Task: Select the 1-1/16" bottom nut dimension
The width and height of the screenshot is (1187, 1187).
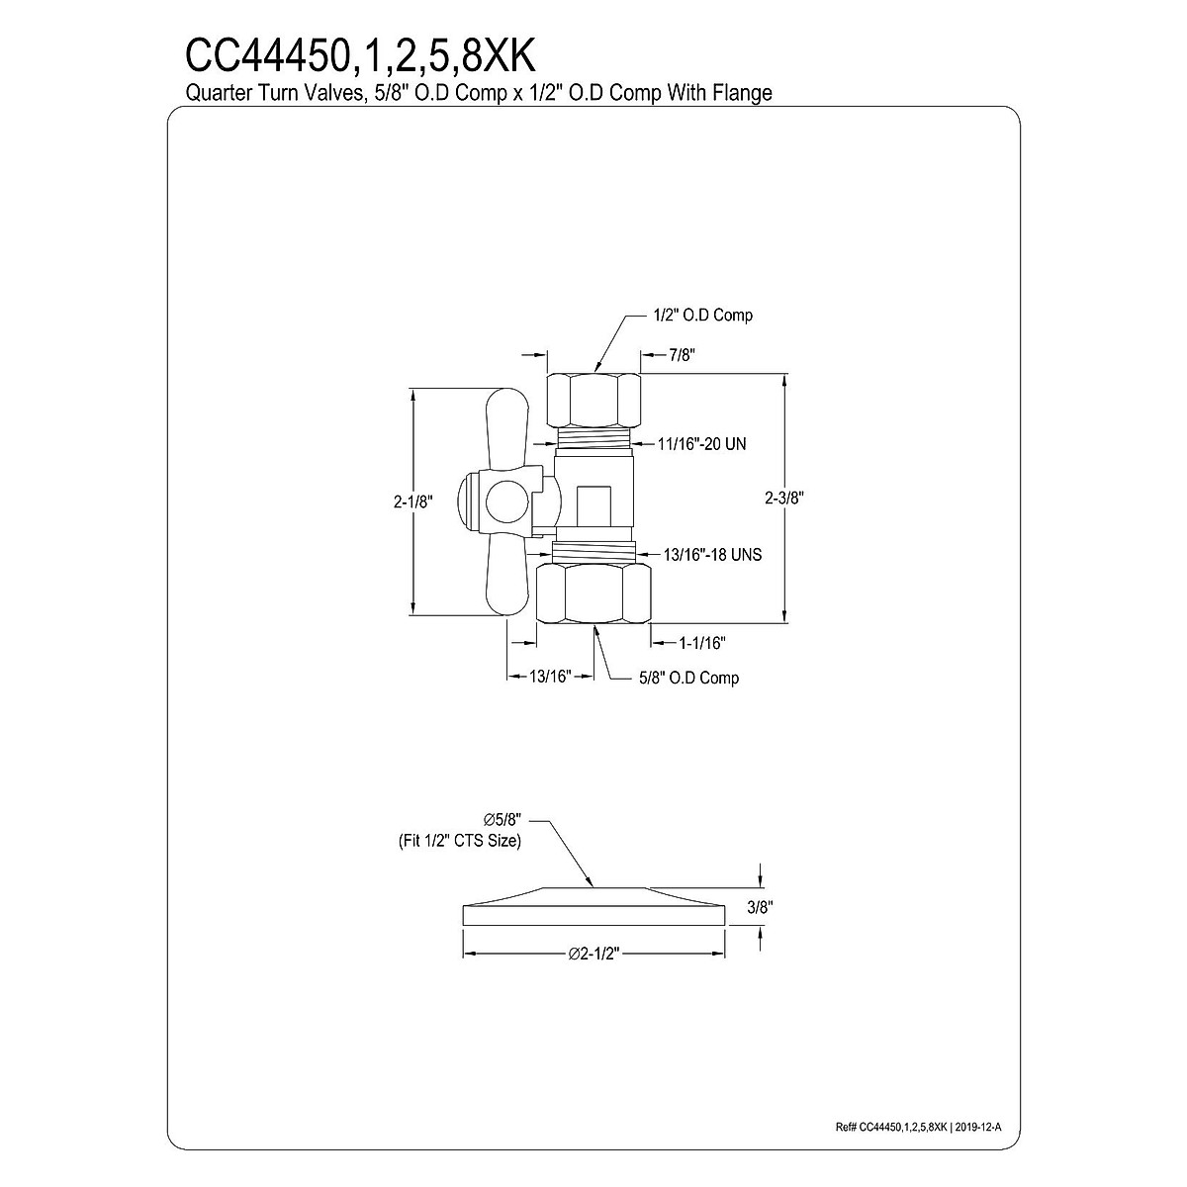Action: (x=702, y=643)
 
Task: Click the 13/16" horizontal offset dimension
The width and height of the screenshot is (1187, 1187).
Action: (x=551, y=677)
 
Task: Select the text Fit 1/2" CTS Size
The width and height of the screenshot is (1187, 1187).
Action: (x=453, y=841)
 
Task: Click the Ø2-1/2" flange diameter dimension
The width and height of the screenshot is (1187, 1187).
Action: (x=594, y=954)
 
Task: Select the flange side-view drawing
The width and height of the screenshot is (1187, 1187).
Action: (x=594, y=904)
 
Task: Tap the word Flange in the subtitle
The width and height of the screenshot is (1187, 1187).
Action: (x=742, y=92)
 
